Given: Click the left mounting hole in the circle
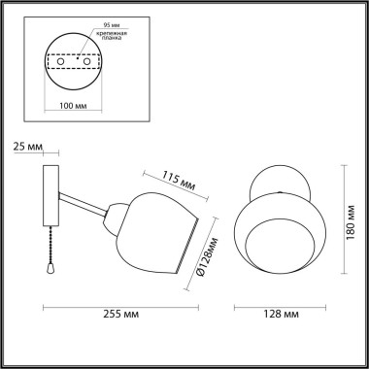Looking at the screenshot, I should pyautogui.click(x=61, y=61).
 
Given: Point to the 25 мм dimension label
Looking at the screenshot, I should pyautogui.click(x=30, y=146).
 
